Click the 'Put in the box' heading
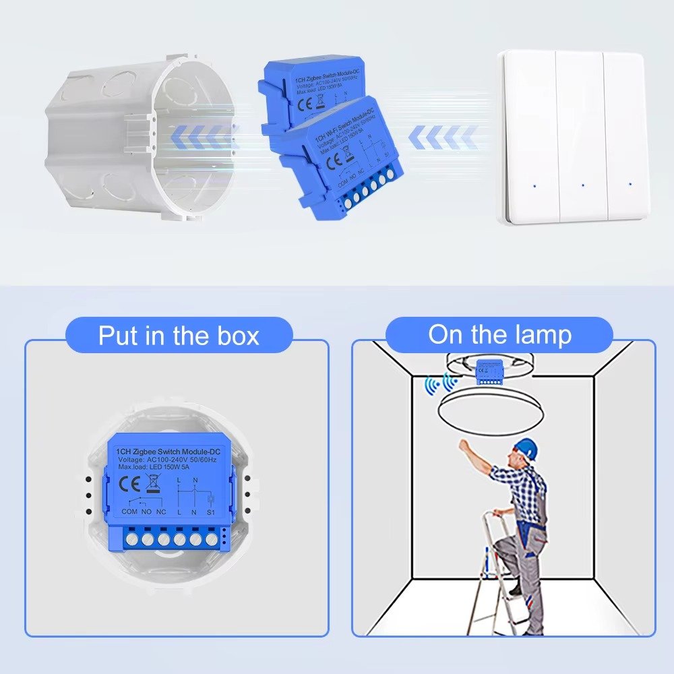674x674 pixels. [179, 335]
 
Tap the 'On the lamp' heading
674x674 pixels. [499, 334]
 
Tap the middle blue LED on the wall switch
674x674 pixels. [582, 183]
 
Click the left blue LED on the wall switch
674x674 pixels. [534, 183]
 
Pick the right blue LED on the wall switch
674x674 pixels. [630, 183]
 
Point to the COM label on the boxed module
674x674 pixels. [129, 512]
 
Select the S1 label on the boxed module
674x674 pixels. [210, 512]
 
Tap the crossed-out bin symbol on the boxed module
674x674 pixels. [153, 483]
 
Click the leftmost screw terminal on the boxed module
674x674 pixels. [131, 539]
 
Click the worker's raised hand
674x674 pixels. [463, 445]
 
